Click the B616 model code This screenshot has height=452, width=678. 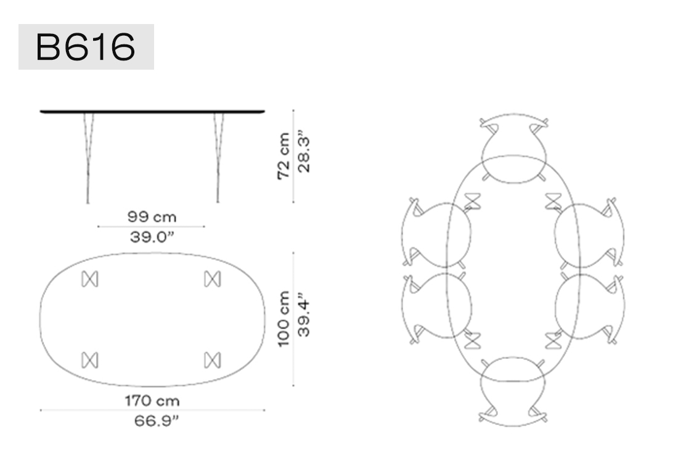tap(86, 47)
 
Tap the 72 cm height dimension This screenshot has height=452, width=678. tap(284, 156)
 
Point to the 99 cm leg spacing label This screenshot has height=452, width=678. tap(152, 216)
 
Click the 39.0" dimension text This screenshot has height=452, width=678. tap(152, 237)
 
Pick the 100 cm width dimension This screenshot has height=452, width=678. tap(284, 319)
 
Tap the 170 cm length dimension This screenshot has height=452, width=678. tap(152, 401)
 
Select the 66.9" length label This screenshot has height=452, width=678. tap(156, 421)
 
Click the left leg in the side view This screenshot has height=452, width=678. tap(88, 158)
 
